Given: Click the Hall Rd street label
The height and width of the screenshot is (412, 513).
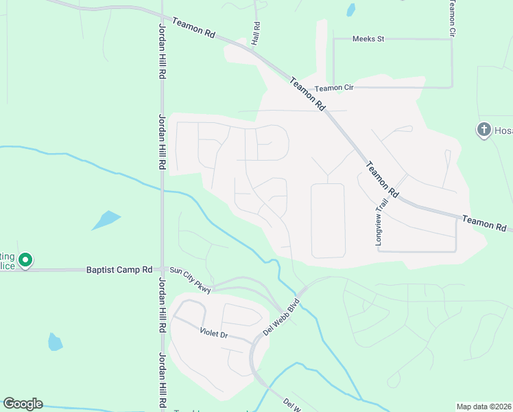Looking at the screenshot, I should click(x=256, y=34).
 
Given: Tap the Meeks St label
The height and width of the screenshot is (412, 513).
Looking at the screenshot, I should click(x=368, y=39).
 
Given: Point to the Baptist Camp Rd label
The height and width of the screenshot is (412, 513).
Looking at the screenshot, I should click(x=119, y=270).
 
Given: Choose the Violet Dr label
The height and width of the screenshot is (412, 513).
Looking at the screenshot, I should click(x=219, y=334).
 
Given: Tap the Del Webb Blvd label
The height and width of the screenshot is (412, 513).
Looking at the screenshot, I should click(x=281, y=317).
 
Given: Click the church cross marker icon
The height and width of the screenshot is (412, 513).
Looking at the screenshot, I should click(x=484, y=129).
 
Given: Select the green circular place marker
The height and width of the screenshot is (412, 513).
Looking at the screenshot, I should click(x=25, y=260).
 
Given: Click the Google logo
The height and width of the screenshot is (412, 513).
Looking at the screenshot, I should click(x=23, y=404).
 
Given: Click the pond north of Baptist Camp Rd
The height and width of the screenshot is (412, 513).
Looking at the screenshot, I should click(x=106, y=220).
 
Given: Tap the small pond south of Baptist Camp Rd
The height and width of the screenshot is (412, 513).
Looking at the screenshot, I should click(x=55, y=341).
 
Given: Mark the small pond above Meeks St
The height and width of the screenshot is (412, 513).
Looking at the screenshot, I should click(x=351, y=10).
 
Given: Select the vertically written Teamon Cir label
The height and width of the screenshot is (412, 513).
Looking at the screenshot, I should click(x=452, y=19).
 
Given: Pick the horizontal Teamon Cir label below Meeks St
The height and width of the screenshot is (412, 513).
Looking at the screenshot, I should click(x=333, y=89).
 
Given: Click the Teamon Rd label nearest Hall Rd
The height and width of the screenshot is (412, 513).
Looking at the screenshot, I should click(x=193, y=27).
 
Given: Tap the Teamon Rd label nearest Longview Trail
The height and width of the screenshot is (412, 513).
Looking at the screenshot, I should click(x=383, y=179).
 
